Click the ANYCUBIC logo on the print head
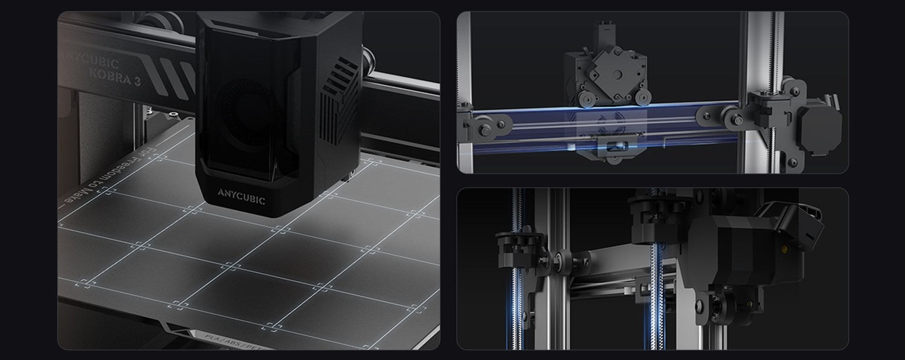click(241, 197)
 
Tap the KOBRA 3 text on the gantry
click(115, 78)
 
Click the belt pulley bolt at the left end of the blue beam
click(486, 126)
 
